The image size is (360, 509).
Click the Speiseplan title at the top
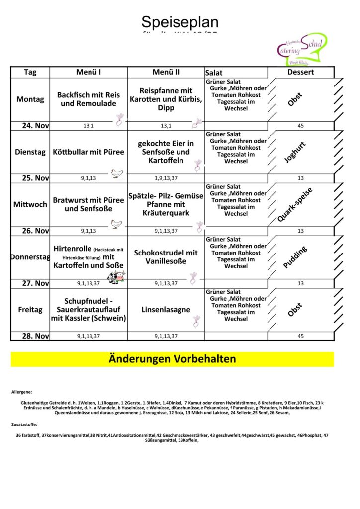coord(180,22)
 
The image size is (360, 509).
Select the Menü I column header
coord(89,72)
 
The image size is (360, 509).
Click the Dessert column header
coord(300,72)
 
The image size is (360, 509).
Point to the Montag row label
coord(30,99)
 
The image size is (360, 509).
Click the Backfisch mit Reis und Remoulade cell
coord(89,99)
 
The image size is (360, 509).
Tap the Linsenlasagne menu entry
coord(166,310)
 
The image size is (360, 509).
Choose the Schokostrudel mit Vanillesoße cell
coord(166,256)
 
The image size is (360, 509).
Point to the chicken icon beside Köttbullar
coord(117,173)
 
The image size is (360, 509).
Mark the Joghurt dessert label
coord(295,152)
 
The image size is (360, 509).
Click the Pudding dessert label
coord(295,257)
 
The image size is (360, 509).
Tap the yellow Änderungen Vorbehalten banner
coord(172,359)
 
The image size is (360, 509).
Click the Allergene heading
coord(21,392)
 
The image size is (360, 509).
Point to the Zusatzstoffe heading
coord(24,424)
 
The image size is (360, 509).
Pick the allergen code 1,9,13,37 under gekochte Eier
coord(166,178)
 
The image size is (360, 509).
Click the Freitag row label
coord(30,310)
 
